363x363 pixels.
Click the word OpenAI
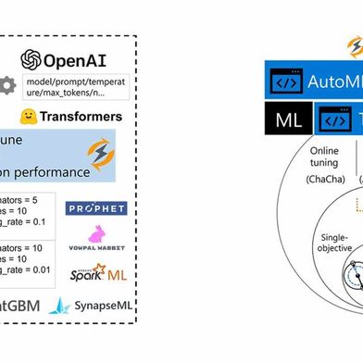pyautogui.click(x=81, y=60)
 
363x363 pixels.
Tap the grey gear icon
pyautogui.click(x=8, y=85)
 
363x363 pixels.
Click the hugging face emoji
pyautogui.click(x=30, y=117)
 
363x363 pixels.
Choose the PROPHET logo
pyautogui.click(x=96, y=208)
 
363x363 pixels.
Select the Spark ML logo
pyautogui.click(x=96, y=273)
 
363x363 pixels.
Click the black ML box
pyautogui.click(x=288, y=119)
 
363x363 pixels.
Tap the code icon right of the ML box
pyautogui.click(x=332, y=119)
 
